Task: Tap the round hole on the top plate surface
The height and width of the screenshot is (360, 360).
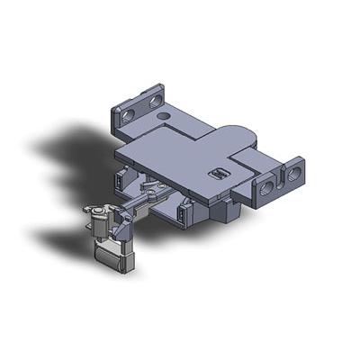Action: pyautogui.click(x=163, y=115)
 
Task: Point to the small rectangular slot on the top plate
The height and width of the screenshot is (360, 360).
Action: pyautogui.click(x=217, y=172)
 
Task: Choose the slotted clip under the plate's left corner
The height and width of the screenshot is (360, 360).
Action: pyautogui.click(x=119, y=180)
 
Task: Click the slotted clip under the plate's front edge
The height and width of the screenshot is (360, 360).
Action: pyautogui.click(x=184, y=214)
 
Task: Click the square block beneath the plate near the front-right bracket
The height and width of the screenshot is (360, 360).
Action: pyautogui.click(x=229, y=211)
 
